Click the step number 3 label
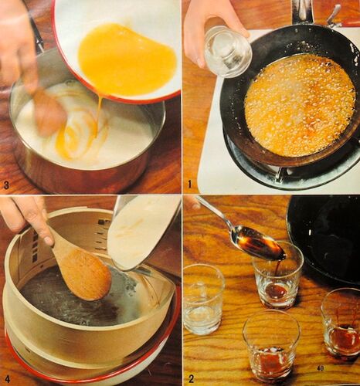7,185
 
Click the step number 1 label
190,185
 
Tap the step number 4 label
7,379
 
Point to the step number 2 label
191,378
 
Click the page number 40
320,368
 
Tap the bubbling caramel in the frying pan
300,106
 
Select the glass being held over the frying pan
227,51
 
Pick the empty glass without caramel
204,300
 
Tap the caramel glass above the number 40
341,324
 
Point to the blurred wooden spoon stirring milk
49,108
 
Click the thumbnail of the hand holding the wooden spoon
48,239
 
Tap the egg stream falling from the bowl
98,110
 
